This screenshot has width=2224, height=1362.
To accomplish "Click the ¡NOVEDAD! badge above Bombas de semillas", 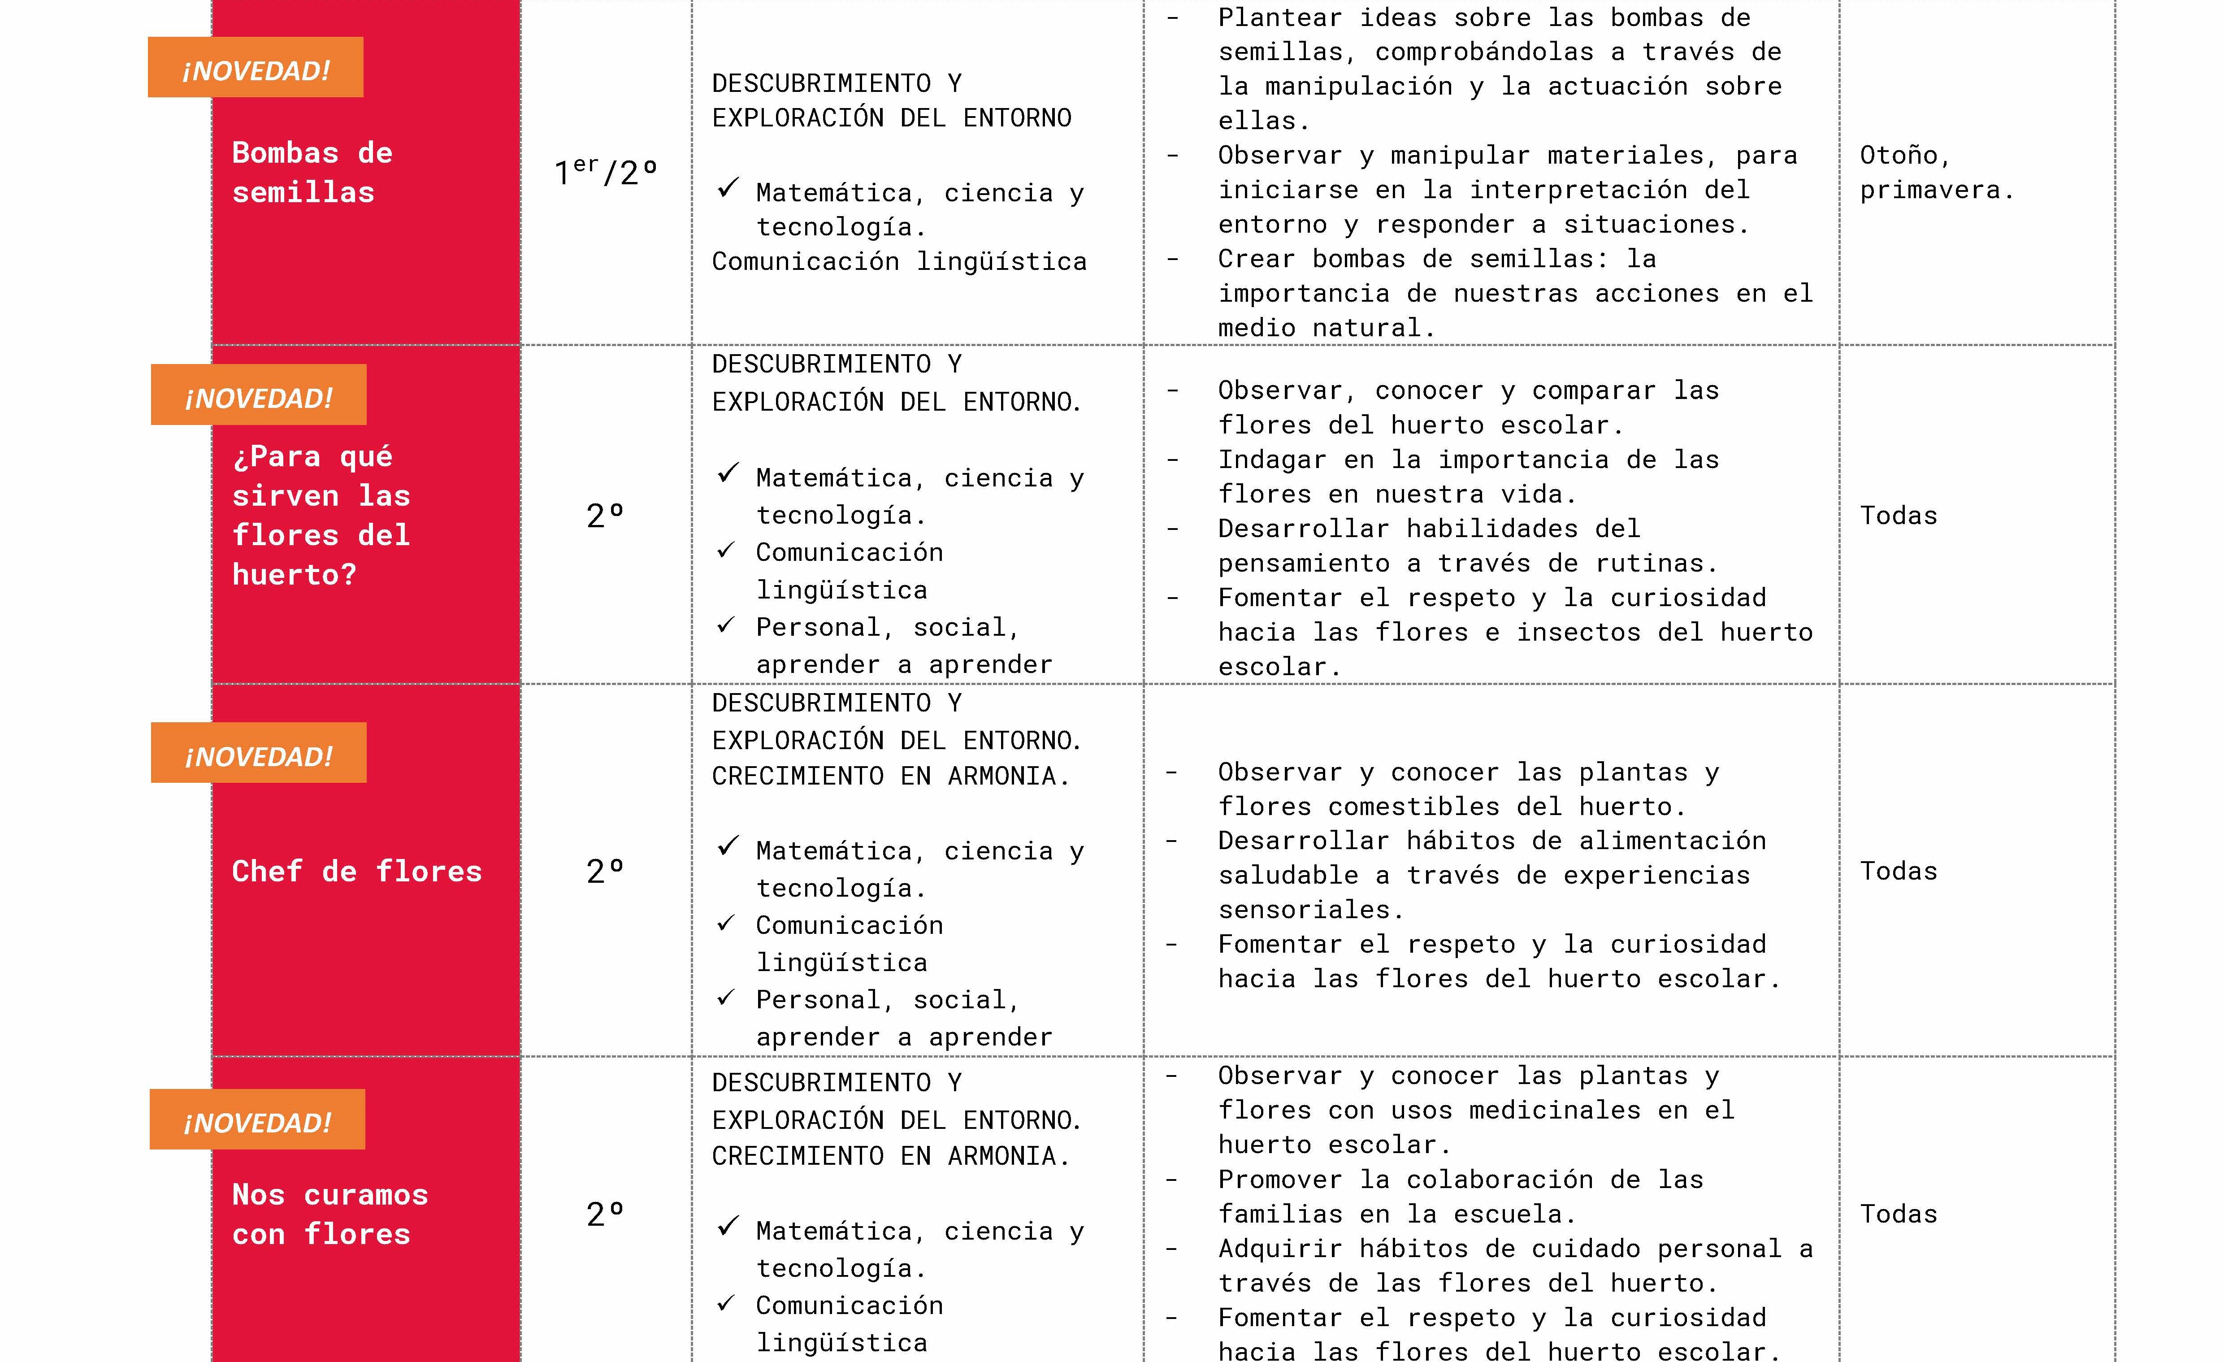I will coord(256,68).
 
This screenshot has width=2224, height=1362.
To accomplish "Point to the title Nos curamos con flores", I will coord(329,1214).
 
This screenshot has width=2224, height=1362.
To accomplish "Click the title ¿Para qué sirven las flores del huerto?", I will coord(321,516).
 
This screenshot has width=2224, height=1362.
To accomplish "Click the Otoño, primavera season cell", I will coord(1936,173).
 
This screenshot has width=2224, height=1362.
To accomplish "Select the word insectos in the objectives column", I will coord(1578,632).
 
